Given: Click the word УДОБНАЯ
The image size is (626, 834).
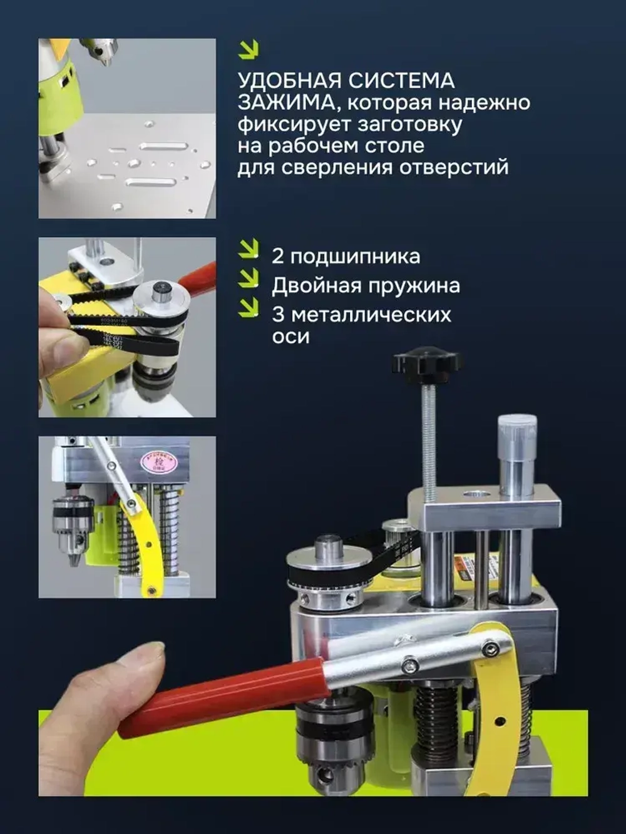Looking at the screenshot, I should pyautogui.click(x=289, y=81).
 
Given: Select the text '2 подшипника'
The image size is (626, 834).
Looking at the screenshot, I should pyautogui.click(x=346, y=257).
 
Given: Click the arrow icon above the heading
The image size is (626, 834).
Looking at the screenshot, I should pyautogui.click(x=249, y=49).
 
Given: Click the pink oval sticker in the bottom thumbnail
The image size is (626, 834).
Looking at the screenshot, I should pyautogui.click(x=158, y=462).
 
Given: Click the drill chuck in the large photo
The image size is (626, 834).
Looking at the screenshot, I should pyautogui.click(x=332, y=745).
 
